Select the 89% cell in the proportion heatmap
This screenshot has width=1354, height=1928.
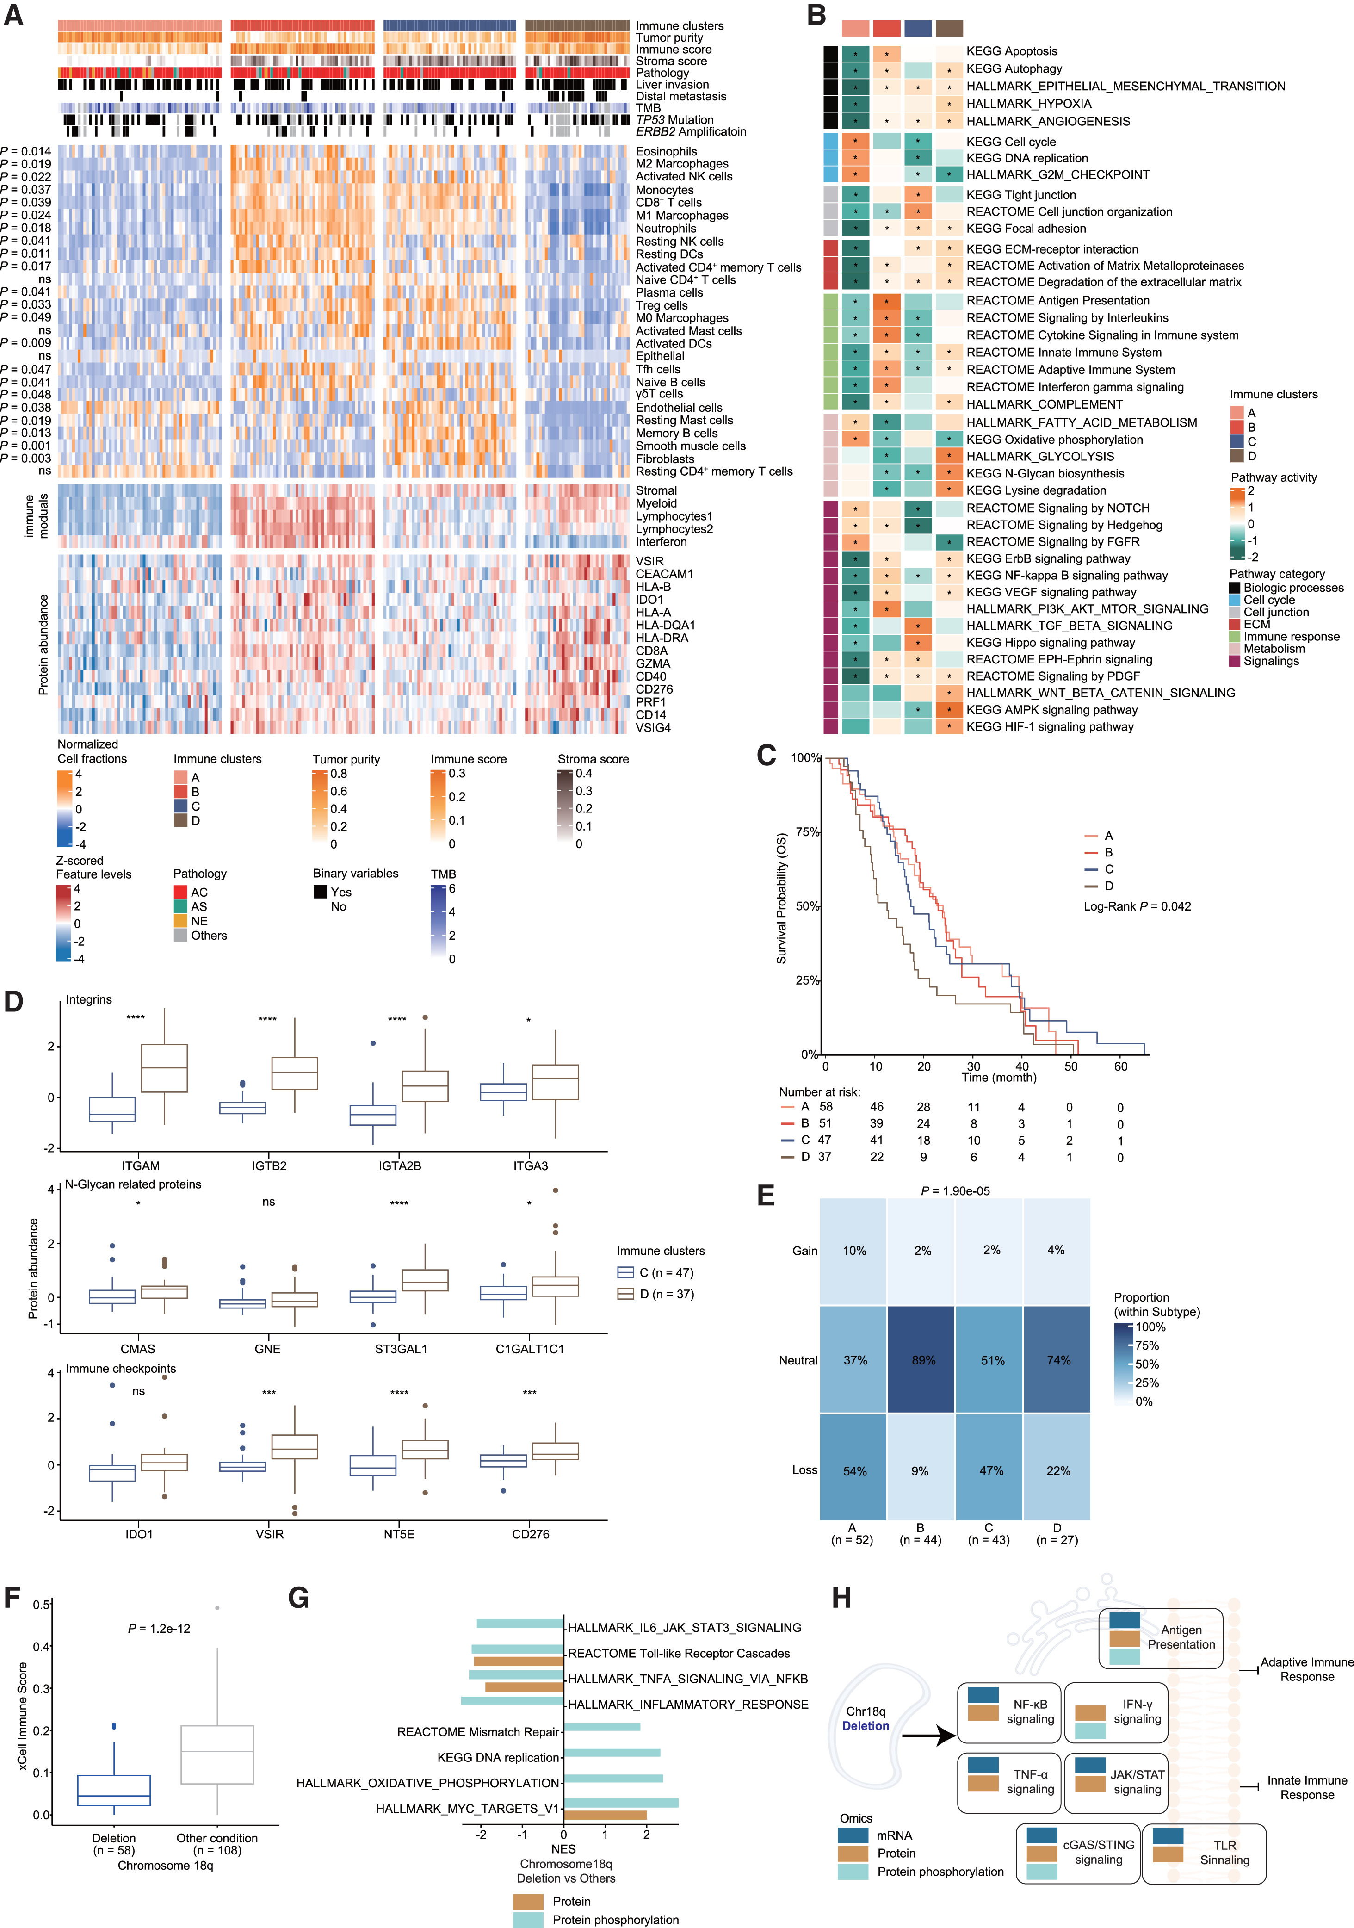point(922,1360)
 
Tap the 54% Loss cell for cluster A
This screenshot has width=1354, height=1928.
point(854,1471)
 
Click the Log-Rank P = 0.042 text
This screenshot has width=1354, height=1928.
point(1137,906)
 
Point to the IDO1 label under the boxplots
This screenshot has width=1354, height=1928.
point(139,1534)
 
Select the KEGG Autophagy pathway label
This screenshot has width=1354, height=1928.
point(1014,69)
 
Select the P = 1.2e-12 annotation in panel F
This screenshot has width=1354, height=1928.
point(160,1628)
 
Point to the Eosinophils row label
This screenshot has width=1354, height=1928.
point(666,151)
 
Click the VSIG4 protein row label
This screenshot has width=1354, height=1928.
point(653,727)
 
